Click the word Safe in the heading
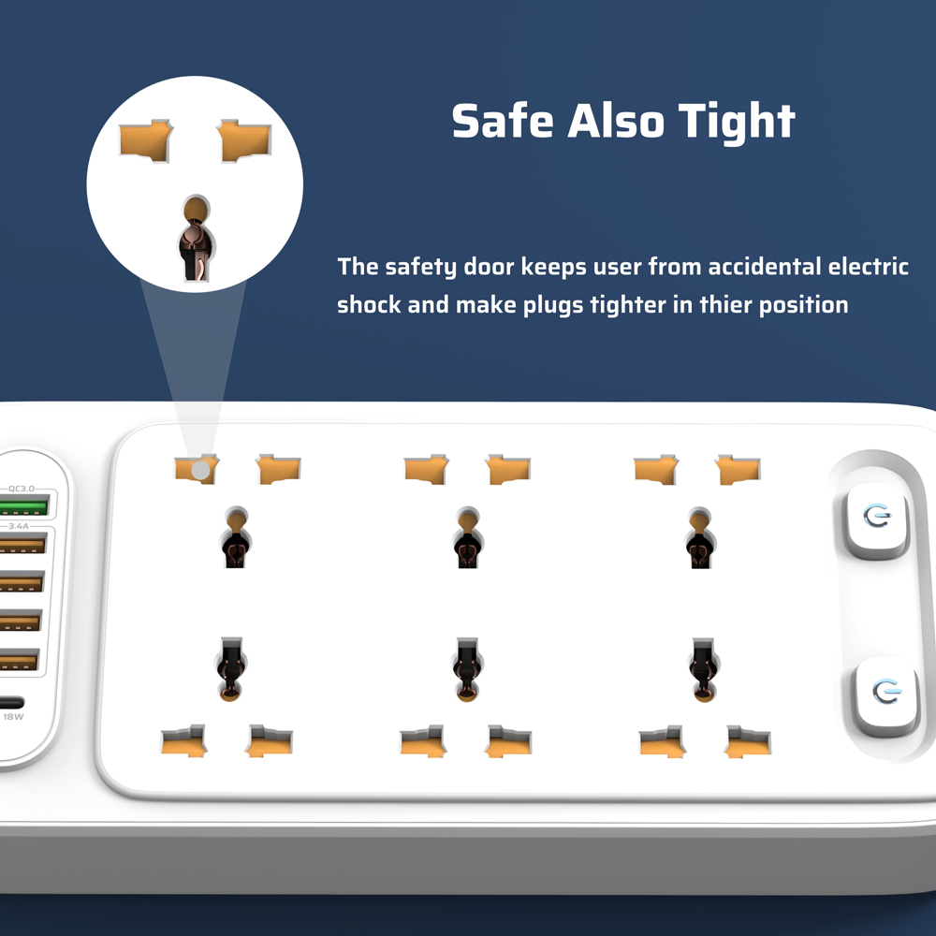coord(502,121)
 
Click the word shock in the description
coord(369,304)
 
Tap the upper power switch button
coord(876,517)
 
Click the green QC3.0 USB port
coord(23,507)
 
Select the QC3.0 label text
coord(22,489)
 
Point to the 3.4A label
coord(19,526)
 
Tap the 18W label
coord(14,716)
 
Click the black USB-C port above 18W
coord(12,702)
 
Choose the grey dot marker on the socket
coord(200,471)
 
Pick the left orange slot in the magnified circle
coord(146,140)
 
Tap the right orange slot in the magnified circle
coord(244,141)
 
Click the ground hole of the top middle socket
coord(469,537)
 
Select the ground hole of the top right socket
coord(700,537)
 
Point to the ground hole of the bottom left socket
coord(230,668)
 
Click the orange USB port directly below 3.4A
coord(22,544)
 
